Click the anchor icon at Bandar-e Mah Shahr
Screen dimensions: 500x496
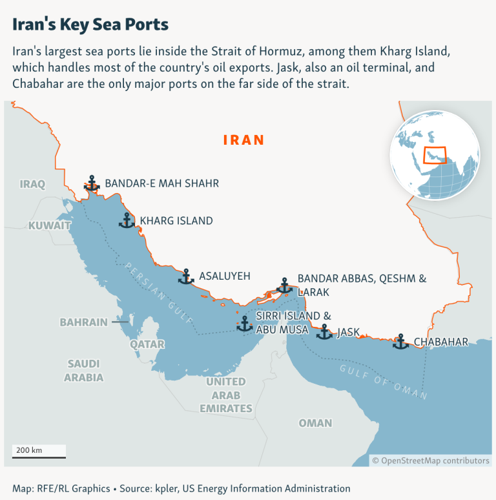[x=92, y=183]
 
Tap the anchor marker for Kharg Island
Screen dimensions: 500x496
[x=127, y=220]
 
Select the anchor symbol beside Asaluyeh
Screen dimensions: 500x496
[x=186, y=276]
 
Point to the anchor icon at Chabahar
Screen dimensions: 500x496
[x=400, y=342]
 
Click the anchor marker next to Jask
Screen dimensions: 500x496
[x=324, y=332]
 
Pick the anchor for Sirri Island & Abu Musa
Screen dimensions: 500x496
[x=245, y=323]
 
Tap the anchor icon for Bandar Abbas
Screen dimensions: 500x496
[x=284, y=286]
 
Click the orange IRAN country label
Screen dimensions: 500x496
[x=244, y=140]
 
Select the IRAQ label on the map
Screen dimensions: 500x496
[x=33, y=184]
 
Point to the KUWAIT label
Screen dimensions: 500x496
[x=49, y=225]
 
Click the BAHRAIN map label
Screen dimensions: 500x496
[x=84, y=322]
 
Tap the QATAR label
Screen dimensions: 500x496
[x=147, y=344]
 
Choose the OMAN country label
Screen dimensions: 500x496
[x=315, y=423]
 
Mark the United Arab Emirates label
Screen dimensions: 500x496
[x=226, y=395]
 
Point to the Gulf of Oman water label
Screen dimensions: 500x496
[x=384, y=380]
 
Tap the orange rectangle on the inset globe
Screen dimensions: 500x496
[x=435, y=156]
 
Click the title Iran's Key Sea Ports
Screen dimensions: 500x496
[x=90, y=25]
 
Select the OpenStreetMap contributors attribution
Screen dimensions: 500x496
[x=431, y=461]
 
